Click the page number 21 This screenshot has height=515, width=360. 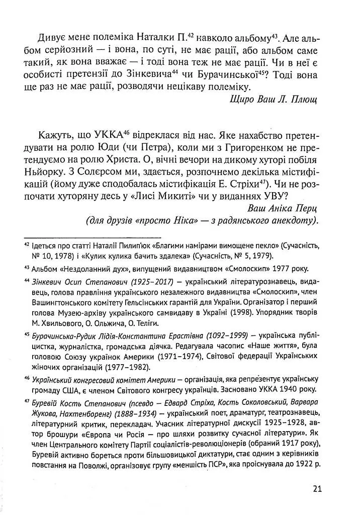coord(316,488)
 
